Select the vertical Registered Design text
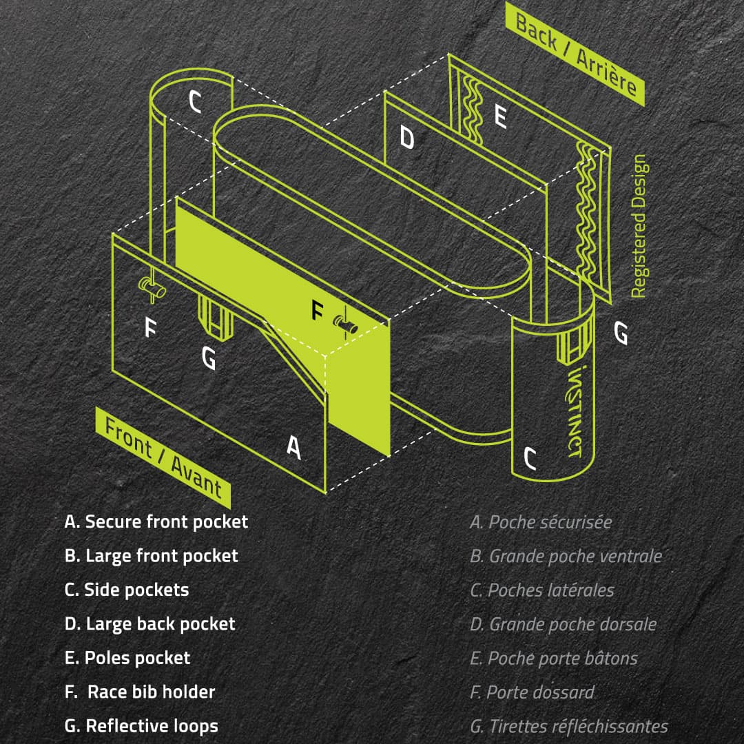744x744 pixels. tap(639, 226)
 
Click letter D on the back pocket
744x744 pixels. tap(408, 138)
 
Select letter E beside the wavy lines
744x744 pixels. tap(501, 116)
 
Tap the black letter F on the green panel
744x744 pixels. tap(317, 311)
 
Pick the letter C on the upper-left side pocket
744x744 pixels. tap(196, 103)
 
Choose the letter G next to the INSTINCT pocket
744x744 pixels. tap(620, 333)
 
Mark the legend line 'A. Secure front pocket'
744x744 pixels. tap(156, 521)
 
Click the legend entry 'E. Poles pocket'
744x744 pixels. tap(127, 658)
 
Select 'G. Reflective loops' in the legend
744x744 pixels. tap(141, 725)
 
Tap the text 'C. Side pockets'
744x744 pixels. tap(127, 590)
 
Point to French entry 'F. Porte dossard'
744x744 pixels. tap(532, 692)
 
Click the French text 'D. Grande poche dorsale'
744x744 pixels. tap(563, 624)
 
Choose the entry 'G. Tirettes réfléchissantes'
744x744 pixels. tap(568, 726)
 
